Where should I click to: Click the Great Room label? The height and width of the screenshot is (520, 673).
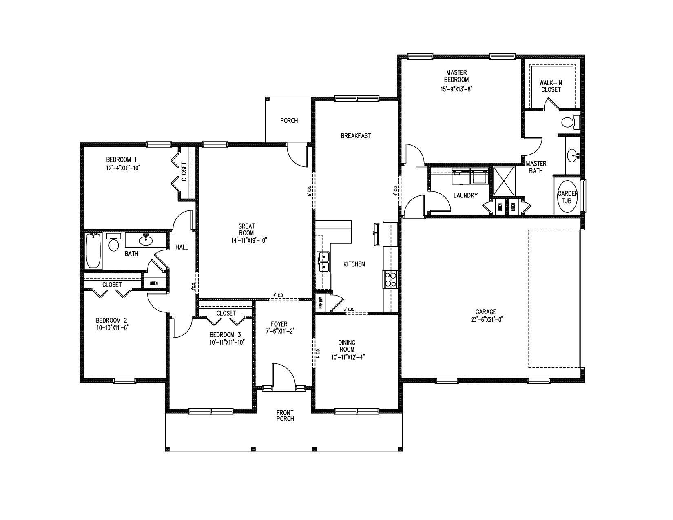(x=246, y=229)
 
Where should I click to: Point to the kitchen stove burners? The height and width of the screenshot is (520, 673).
(x=390, y=279)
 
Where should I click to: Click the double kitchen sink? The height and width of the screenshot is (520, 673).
(x=323, y=262)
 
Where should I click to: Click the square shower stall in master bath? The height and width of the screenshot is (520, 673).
(x=504, y=181)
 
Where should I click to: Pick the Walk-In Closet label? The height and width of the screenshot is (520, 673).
(x=551, y=86)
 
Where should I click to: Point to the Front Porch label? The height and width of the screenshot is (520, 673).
(x=285, y=416)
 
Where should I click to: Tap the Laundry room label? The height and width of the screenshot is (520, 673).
(x=465, y=195)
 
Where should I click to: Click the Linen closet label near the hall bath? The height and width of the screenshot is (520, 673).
(x=154, y=283)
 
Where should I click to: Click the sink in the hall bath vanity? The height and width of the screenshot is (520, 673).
(x=146, y=240)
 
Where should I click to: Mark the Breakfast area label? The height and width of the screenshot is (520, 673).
(x=356, y=136)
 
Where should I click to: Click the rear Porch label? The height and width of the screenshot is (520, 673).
(x=289, y=121)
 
